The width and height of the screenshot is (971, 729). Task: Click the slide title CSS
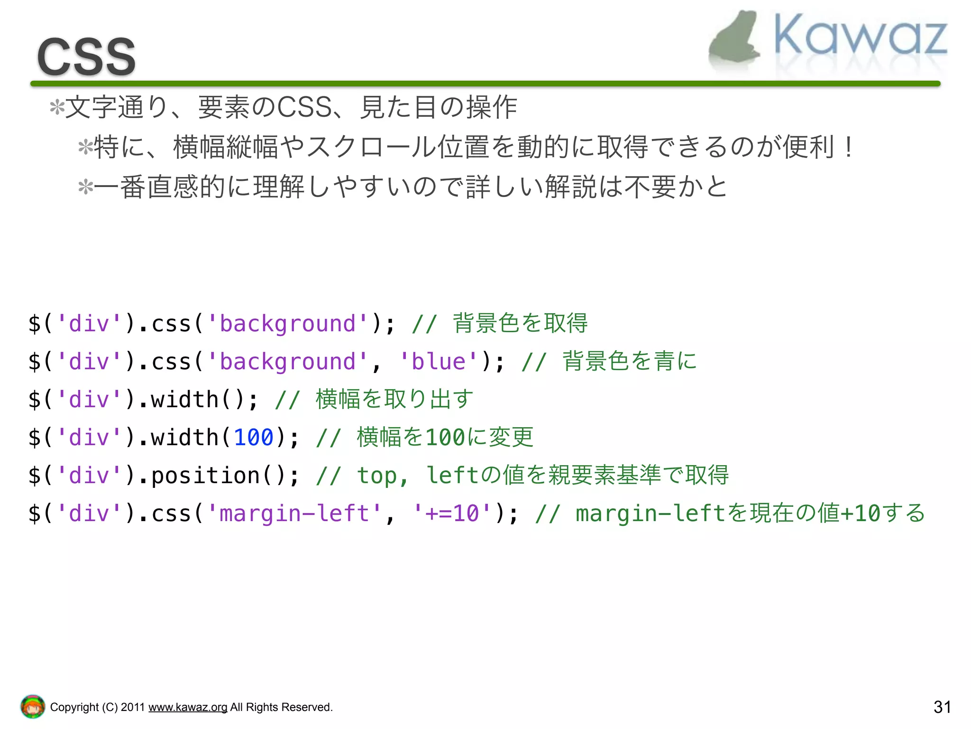click(86, 57)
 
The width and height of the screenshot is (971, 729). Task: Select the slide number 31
click(942, 707)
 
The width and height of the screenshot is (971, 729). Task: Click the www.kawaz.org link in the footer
click(188, 707)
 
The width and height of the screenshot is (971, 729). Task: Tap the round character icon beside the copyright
click(32, 707)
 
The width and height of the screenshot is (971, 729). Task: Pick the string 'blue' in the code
click(439, 362)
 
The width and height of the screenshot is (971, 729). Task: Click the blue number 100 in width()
click(254, 437)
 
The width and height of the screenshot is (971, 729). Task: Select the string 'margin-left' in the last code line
click(294, 514)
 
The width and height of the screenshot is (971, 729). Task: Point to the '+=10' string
click(452, 514)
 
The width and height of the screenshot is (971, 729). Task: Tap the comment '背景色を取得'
click(520, 324)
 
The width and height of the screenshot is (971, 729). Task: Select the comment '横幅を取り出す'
click(394, 399)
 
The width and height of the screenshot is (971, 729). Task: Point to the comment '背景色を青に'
click(630, 362)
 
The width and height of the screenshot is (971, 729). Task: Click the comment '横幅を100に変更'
click(445, 437)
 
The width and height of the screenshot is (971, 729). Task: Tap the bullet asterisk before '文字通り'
click(57, 107)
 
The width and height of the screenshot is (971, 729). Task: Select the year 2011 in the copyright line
click(132, 707)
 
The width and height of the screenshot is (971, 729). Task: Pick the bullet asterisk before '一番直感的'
click(85, 187)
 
